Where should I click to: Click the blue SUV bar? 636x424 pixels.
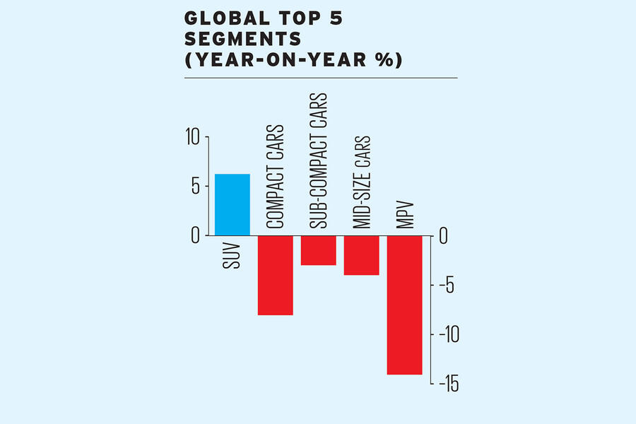[x=232, y=204]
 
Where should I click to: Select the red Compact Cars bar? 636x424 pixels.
[x=276, y=275]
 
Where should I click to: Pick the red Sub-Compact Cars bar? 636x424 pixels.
[x=318, y=250]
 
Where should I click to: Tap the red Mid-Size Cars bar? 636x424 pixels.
[x=361, y=255]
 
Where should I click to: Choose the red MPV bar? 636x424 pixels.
[x=404, y=305]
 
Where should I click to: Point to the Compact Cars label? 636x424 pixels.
[x=276, y=177]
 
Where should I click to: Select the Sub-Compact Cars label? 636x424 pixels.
[x=319, y=160]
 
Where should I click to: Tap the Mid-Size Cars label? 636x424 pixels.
[x=361, y=182]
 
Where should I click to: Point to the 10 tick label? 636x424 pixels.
[x=193, y=137]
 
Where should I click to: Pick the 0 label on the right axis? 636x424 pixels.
[x=443, y=235]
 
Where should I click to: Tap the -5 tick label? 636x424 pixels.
[x=447, y=285]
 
